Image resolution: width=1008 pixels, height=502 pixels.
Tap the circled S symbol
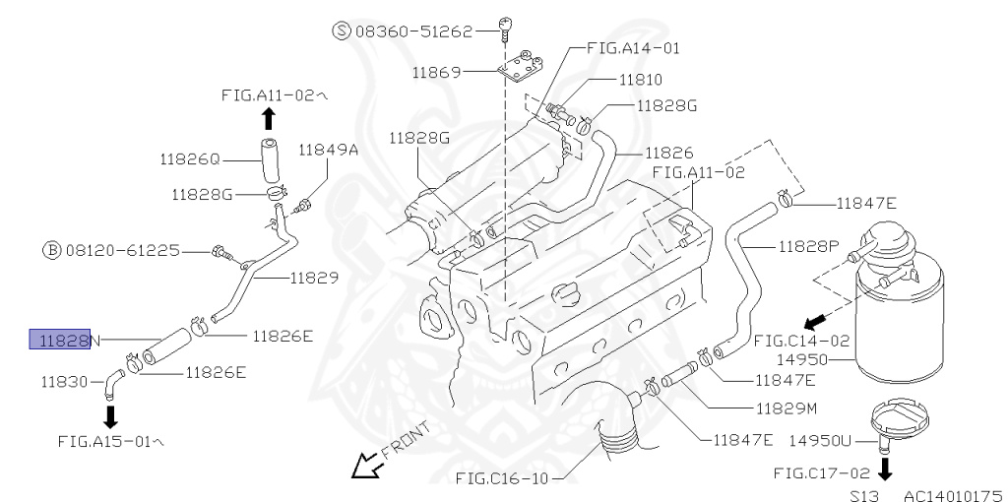[x=342, y=31]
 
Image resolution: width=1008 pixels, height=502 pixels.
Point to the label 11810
[x=640, y=80]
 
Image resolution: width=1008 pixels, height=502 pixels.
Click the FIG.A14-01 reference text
[x=632, y=47]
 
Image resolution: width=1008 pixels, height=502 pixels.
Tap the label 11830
[x=67, y=379]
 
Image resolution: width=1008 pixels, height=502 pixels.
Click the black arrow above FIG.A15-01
[x=109, y=413]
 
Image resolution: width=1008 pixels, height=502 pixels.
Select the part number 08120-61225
[x=123, y=250]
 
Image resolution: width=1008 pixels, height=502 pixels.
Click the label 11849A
[x=329, y=150]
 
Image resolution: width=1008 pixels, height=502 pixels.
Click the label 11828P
[x=808, y=245]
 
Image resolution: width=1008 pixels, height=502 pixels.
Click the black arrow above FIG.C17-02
[x=884, y=468]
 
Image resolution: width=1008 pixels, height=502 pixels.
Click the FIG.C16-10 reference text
[x=501, y=479]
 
